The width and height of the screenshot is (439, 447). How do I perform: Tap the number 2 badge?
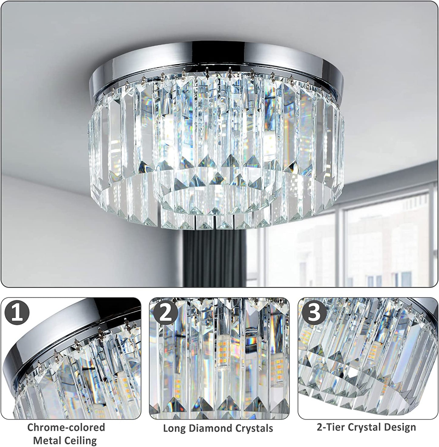(x=165, y=313)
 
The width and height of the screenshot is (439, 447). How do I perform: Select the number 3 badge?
(x=314, y=313)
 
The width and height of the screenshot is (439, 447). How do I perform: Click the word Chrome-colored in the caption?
(x=66, y=427)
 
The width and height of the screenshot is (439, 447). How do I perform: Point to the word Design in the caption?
(x=401, y=427)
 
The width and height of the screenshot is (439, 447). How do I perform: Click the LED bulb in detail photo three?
(x=372, y=350)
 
